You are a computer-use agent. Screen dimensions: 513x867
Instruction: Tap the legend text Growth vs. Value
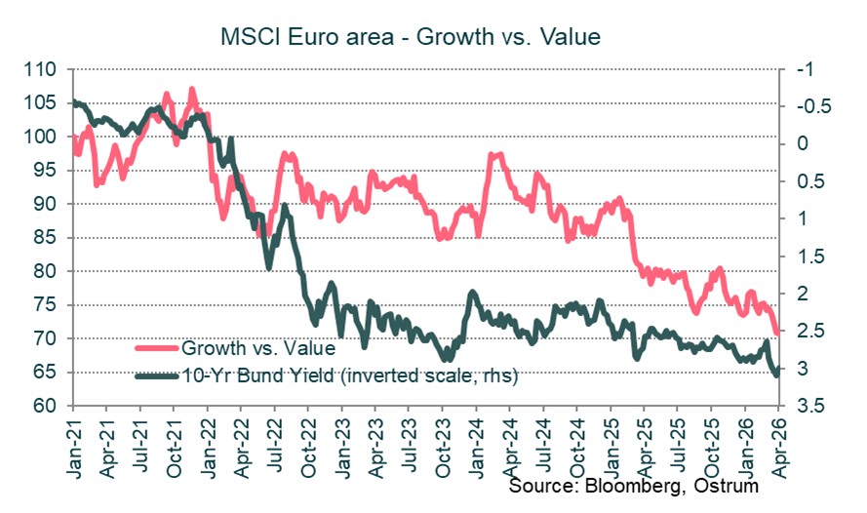pos(258,347)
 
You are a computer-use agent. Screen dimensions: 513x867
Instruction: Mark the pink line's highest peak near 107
pos(192,89)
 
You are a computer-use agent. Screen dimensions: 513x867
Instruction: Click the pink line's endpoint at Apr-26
pos(777,335)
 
